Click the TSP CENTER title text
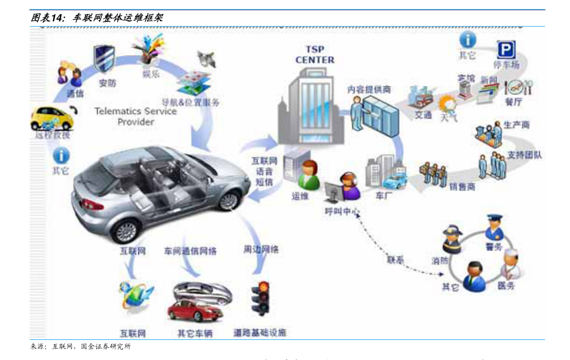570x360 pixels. click(314, 55)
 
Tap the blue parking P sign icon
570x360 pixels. click(506, 49)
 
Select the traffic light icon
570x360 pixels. click(260, 298)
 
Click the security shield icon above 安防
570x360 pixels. click(104, 58)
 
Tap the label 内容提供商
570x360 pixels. click(369, 90)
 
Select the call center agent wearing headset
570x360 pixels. click(349, 186)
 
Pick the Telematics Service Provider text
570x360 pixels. click(135, 116)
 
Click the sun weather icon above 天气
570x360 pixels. click(448, 103)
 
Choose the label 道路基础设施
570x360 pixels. click(260, 332)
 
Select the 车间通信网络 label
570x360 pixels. click(190, 251)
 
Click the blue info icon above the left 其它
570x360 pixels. click(61, 156)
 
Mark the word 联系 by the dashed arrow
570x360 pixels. click(395, 260)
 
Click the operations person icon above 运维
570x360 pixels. click(310, 173)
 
